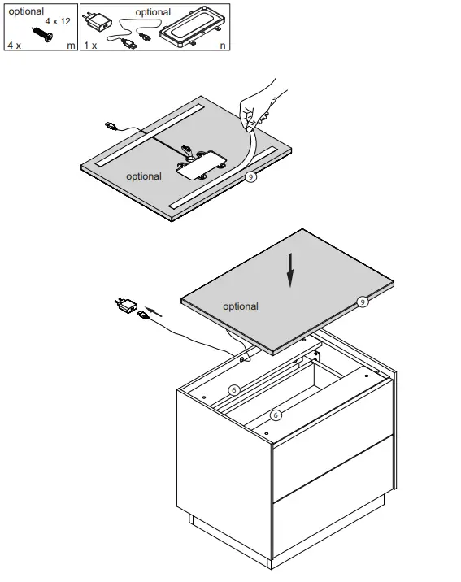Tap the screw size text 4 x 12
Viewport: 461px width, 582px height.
tap(58, 20)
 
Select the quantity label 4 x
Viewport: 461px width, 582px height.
tap(14, 46)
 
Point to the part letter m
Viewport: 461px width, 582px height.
tap(71, 46)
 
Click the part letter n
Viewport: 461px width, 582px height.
tap(224, 46)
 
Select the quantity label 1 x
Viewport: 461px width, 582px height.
tap(89, 46)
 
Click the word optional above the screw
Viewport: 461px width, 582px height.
tap(26, 11)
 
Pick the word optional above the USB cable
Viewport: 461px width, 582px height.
tap(153, 12)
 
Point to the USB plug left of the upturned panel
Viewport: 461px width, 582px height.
tap(111, 124)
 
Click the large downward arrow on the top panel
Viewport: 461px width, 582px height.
tap(289, 272)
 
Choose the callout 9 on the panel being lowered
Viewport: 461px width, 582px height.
tap(363, 302)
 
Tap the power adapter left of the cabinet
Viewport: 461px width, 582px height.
tap(125, 306)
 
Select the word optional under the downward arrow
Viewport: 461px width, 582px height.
tap(240, 306)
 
